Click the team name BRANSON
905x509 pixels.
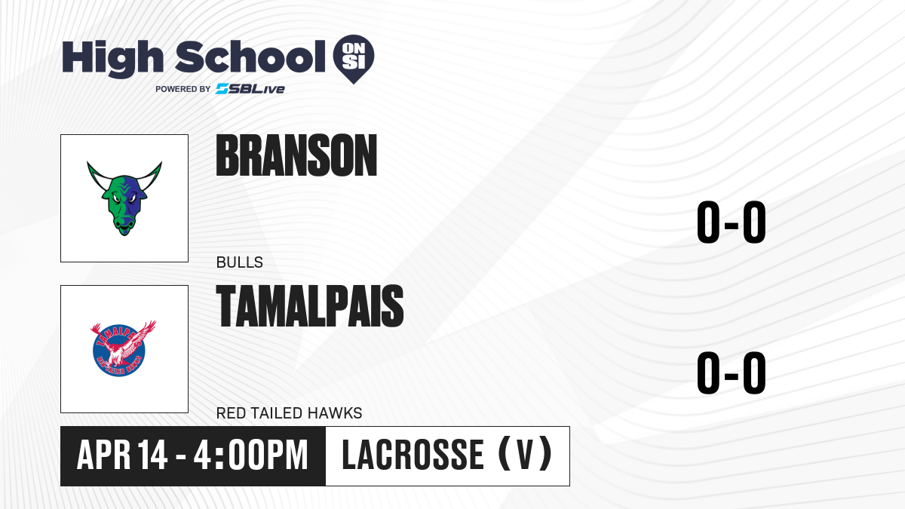click(296, 155)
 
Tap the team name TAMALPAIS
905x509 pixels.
click(310, 305)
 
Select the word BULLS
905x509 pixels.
click(240, 262)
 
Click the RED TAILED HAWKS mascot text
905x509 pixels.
click(290, 413)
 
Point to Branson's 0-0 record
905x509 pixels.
click(732, 222)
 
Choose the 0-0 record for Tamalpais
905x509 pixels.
click(732, 373)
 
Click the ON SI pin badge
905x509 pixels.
click(354, 59)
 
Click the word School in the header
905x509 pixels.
click(250, 57)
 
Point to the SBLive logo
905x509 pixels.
click(250, 89)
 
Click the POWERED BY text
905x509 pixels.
click(183, 89)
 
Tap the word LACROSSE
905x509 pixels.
click(413, 455)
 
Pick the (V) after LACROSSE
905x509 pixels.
click(525, 455)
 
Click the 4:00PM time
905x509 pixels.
click(250, 455)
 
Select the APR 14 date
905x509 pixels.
click(122, 455)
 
